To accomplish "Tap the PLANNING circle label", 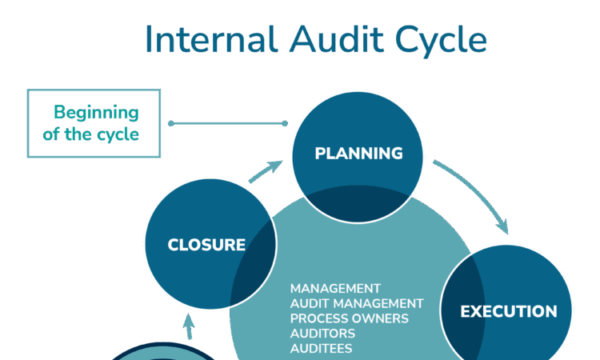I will [358, 154].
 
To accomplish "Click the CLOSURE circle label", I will [206, 245].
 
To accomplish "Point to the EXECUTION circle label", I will [509, 311].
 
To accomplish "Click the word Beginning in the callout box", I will [95, 112].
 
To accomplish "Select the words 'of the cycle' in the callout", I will [90, 134].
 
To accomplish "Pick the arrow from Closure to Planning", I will [266, 172].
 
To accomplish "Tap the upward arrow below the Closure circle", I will [189, 326].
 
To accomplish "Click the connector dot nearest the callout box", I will [170, 123].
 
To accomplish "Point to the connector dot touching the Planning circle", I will [285, 123].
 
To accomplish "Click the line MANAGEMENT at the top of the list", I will [335, 288].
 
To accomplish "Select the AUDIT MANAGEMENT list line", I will [357, 303].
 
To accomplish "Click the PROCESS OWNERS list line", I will [350, 318].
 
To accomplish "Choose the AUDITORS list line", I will [323, 334].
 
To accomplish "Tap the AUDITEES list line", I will [321, 349].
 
